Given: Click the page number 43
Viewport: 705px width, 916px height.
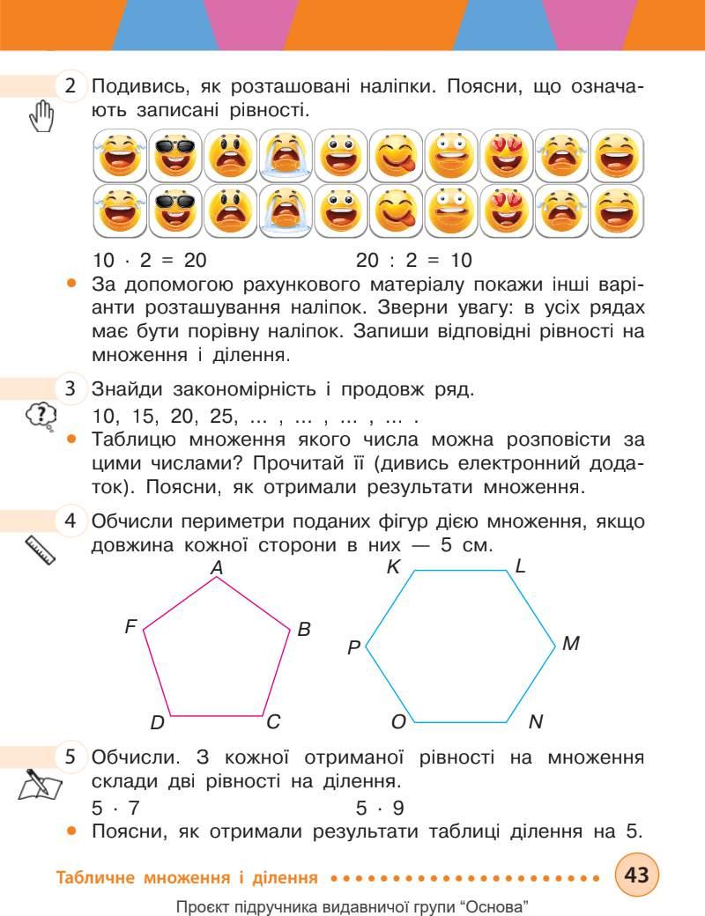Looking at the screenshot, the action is coord(636,875).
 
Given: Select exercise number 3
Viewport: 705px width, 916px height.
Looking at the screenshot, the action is coord(71,388).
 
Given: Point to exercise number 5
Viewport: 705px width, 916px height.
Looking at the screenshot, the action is coord(71,757).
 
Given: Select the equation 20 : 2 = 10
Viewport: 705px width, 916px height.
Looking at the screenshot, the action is coord(414,260).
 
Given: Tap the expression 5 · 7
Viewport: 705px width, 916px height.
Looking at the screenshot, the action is coord(115,806).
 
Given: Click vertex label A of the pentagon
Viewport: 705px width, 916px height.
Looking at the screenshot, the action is coord(216,570).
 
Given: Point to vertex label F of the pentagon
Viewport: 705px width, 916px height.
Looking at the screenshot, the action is coord(130,627).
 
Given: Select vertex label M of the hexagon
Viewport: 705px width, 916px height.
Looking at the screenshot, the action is coord(570,644).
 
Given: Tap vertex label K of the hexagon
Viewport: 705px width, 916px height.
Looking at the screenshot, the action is coord(393,567).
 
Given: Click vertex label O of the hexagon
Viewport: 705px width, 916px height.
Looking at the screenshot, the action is coord(397,722).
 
